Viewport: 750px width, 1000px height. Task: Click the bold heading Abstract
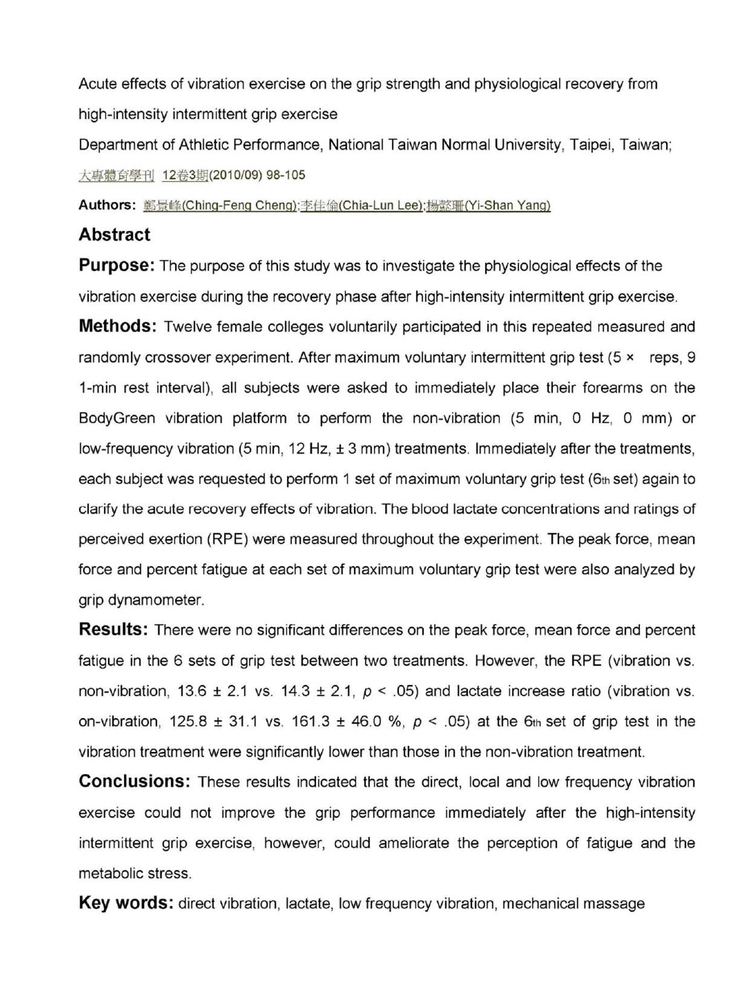pos(114,235)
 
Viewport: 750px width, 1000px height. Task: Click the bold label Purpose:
pos(117,265)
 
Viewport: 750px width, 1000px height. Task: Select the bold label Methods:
pos(118,326)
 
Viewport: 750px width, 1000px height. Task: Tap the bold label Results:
pos(113,629)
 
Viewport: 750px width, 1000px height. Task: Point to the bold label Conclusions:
pos(135,781)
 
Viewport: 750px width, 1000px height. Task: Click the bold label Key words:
pos(126,903)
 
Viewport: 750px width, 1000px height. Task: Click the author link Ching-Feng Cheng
pos(220,206)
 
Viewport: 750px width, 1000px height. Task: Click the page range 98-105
pos(286,175)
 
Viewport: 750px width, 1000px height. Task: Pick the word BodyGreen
pos(117,418)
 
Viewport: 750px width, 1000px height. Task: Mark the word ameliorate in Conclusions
pos(414,843)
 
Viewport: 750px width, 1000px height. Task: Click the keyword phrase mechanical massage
pos(574,904)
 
